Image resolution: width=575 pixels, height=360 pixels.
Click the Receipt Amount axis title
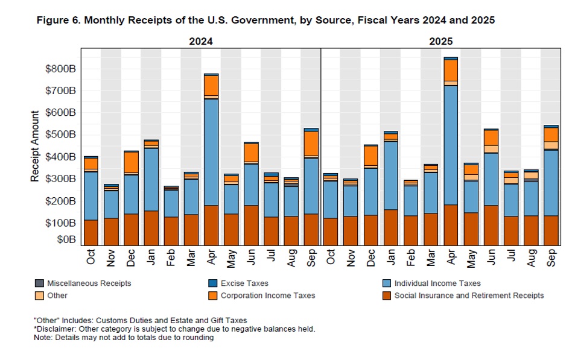35,146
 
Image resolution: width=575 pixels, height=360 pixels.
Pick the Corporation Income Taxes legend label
268,295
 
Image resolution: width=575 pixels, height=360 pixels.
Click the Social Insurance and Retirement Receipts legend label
469,295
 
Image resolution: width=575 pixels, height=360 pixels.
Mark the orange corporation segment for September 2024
311,143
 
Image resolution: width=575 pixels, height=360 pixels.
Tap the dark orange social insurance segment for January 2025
391,227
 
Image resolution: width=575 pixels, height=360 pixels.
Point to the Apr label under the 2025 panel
451,257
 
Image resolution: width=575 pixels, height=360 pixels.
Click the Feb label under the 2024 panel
171,257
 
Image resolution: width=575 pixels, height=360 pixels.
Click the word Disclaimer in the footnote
55,329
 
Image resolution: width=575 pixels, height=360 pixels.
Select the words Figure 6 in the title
57,20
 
